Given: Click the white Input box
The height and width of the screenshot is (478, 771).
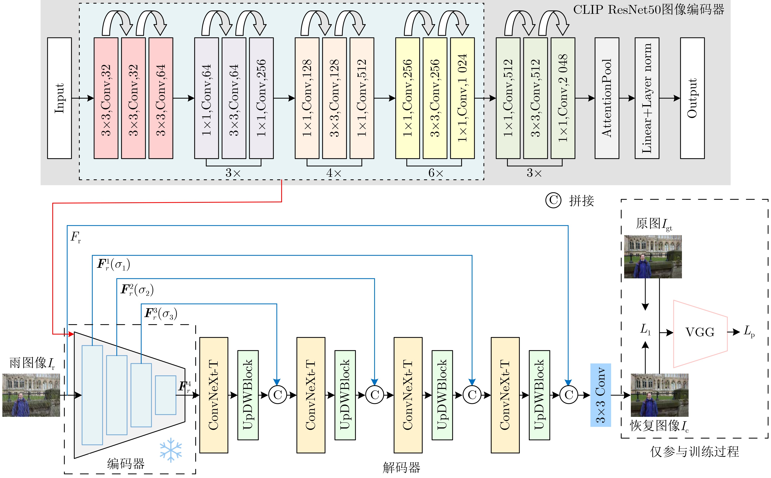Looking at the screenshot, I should tap(60, 98).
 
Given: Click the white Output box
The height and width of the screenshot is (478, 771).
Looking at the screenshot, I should tap(692, 98).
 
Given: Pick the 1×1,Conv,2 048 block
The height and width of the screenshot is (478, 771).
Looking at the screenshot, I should tap(563, 98).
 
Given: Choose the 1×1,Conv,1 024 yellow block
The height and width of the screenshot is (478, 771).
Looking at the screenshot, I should tap(462, 98).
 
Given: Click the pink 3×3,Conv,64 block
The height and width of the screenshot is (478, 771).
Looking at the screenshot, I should tap(161, 98).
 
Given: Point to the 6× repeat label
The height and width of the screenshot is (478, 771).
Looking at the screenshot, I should tap(436, 173).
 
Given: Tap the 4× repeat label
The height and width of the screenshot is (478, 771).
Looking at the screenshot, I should tap(334, 173).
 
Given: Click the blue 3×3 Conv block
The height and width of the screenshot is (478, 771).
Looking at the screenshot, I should tap(601, 395).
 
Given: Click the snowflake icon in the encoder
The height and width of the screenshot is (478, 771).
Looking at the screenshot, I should tap(171, 450).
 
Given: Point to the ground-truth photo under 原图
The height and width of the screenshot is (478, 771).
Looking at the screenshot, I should tap(653, 256).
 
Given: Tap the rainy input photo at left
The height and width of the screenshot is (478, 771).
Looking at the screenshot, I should tap(31, 395).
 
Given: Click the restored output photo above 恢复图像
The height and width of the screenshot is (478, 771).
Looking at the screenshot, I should tap(659, 395).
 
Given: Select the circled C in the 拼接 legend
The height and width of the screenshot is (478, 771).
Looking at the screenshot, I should tap(553, 200).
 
